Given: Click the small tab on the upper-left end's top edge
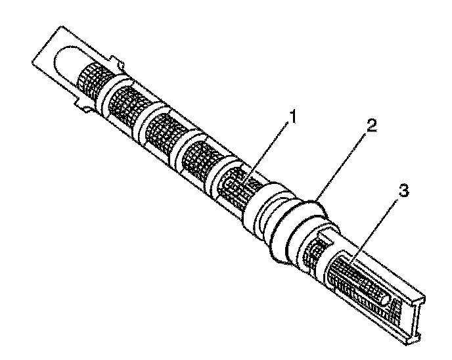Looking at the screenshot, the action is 120,63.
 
